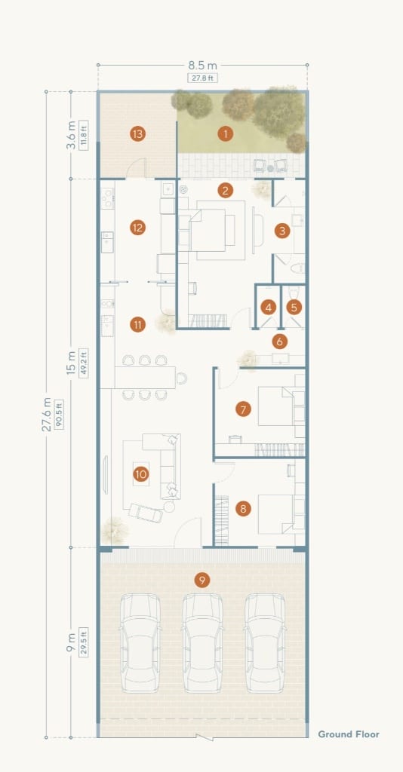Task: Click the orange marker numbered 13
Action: coord(138,133)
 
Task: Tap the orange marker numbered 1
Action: coord(225,133)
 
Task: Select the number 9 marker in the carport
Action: coord(201,580)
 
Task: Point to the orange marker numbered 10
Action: coord(141,473)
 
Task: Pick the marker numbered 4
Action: coord(269,308)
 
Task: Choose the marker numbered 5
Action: coord(294,308)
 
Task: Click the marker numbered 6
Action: coord(279,341)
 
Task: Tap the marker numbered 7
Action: coord(243,408)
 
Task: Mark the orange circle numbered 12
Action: coord(138,228)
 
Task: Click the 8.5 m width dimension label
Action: coord(202,66)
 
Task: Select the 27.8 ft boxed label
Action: coord(202,78)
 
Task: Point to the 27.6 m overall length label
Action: coord(46,415)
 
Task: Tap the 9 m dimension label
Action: coord(71,642)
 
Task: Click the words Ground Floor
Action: coord(349,734)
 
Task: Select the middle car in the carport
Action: coord(202,642)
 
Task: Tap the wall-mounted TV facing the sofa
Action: coord(105,475)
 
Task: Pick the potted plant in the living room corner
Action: coord(114,530)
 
